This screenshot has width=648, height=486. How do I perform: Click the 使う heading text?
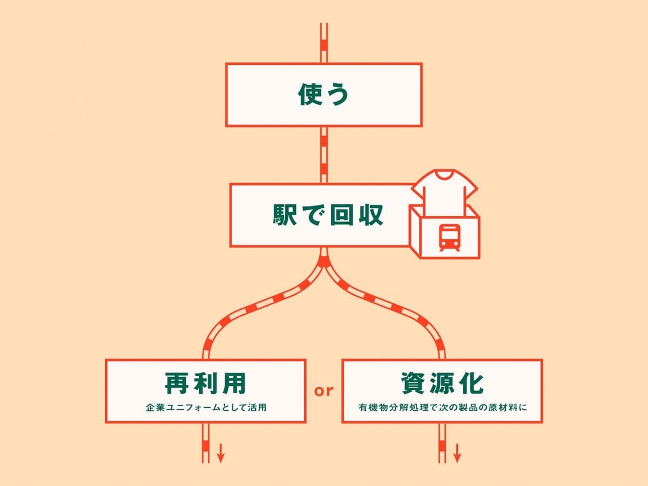[323, 95]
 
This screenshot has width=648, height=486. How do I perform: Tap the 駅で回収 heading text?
[327, 215]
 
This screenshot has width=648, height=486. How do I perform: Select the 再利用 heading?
[205, 383]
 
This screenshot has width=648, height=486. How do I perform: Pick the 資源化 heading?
[442, 383]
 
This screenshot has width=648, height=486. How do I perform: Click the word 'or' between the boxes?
[324, 390]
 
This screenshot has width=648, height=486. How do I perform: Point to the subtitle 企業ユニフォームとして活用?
[206, 407]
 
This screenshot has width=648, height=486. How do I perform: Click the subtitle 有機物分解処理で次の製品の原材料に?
[442, 407]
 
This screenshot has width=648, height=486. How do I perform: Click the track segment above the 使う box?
[324, 43]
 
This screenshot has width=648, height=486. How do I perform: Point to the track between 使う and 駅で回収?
[324, 155]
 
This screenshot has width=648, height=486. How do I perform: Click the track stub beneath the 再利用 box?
[205, 443]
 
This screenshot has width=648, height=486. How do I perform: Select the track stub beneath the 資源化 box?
[442, 443]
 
